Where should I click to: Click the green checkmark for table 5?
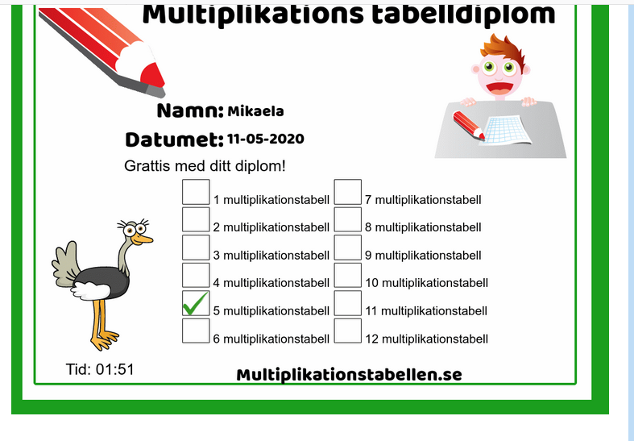(x=195, y=304)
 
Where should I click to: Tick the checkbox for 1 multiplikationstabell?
(x=196, y=192)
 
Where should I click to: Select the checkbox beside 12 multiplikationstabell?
(x=348, y=331)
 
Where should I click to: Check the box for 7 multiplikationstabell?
(x=348, y=192)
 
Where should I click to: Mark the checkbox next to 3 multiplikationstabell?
(x=196, y=248)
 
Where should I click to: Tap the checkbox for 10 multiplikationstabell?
(x=348, y=276)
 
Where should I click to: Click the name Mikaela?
(x=255, y=111)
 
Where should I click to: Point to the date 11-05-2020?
(x=266, y=139)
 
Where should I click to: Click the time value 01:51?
(x=115, y=369)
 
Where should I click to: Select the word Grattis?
(x=147, y=166)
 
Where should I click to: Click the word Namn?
(x=190, y=110)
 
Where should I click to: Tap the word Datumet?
(x=175, y=139)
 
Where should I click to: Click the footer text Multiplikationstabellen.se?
(x=350, y=375)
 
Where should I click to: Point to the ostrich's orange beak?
(x=143, y=239)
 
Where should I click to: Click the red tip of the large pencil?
(x=153, y=75)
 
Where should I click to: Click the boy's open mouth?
(x=499, y=88)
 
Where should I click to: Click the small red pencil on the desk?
(x=469, y=125)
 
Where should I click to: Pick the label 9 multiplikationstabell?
(x=423, y=256)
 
